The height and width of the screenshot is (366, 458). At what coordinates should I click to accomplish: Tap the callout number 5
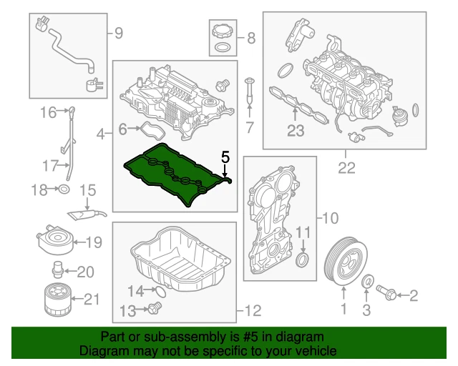(x=225, y=156)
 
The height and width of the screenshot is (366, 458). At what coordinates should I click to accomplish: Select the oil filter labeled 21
(x=54, y=300)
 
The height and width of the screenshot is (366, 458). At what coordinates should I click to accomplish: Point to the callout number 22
(x=346, y=168)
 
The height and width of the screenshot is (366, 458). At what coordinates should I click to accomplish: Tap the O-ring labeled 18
(x=63, y=189)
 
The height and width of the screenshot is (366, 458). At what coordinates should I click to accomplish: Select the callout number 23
(x=296, y=130)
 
